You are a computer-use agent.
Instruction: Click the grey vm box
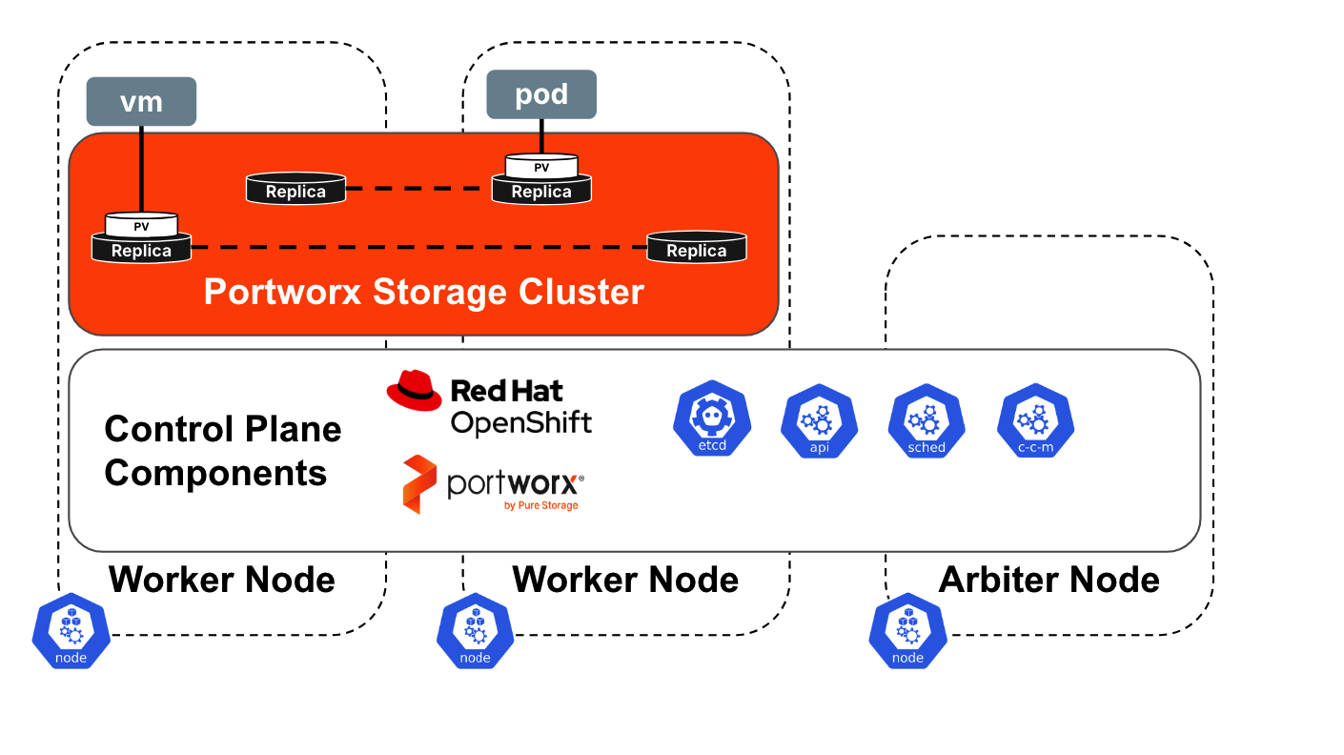[x=141, y=101]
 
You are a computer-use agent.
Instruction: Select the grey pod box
[x=540, y=95]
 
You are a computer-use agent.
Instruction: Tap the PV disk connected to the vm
[x=141, y=226]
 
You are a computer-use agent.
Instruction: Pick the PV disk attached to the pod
[x=540, y=168]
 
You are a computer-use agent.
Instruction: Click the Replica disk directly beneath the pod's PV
[x=540, y=192]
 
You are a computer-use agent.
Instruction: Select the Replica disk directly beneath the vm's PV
[x=141, y=251]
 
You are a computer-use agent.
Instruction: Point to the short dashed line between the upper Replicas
[x=417, y=190]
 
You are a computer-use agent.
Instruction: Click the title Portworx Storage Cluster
[x=424, y=292]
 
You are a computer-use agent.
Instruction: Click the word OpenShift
[x=520, y=422]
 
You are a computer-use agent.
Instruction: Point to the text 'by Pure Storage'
[x=540, y=505]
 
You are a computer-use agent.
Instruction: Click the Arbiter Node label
[x=1049, y=580]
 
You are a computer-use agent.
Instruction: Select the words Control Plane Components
[x=222, y=450]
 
